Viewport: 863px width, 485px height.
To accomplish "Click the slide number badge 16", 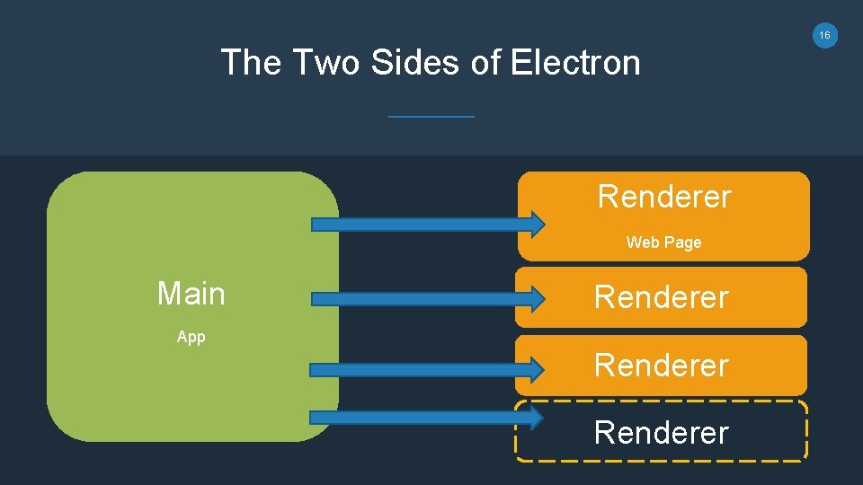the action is tap(824, 35).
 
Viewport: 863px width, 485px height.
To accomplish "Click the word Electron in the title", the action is tap(575, 63).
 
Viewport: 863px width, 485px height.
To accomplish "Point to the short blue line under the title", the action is tap(431, 116).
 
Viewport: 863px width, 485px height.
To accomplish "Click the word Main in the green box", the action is tap(191, 294).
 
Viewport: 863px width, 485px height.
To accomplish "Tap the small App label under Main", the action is tap(191, 337).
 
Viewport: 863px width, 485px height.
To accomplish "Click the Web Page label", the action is tap(663, 242).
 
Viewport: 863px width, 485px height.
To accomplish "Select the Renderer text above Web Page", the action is tap(664, 197).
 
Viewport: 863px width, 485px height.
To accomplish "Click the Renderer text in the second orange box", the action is tap(661, 297).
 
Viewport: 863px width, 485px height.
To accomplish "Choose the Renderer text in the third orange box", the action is tap(661, 366).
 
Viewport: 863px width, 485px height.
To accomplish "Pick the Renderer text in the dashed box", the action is tap(661, 433).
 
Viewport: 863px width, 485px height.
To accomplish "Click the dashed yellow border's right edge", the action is tap(806, 431).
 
